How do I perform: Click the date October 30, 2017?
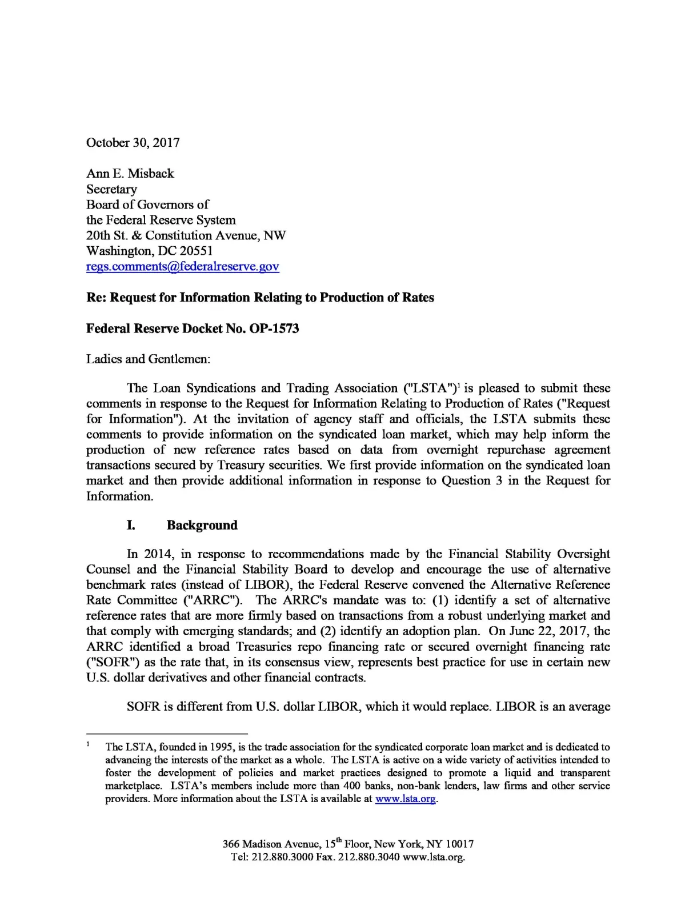[x=133, y=143]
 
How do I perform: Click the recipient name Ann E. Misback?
[x=130, y=174]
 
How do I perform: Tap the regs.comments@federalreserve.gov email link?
[x=182, y=267]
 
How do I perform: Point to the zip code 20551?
[x=196, y=251]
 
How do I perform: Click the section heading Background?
[x=202, y=526]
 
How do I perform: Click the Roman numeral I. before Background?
[x=131, y=526]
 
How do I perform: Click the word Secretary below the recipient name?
[x=111, y=189]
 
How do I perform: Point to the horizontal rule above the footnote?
[x=166, y=733]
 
